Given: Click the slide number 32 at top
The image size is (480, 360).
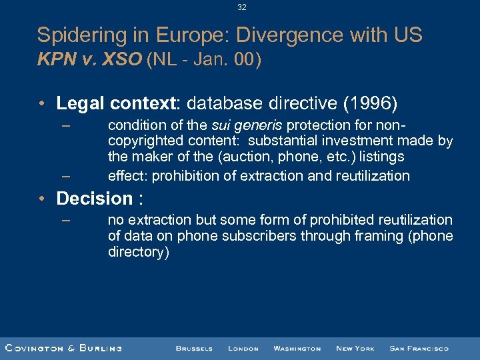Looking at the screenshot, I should click(241, 7).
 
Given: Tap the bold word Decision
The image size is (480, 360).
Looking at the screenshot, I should click(95, 199).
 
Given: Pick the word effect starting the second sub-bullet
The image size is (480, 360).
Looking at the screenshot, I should click(128, 176).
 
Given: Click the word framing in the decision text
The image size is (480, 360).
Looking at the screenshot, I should click(367, 236).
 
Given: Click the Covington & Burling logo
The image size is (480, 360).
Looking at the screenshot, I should click(63, 348).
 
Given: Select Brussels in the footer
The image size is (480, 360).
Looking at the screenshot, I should click(194, 348).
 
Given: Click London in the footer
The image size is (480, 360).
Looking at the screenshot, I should click(243, 348).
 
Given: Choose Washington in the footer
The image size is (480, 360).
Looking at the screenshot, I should click(297, 348).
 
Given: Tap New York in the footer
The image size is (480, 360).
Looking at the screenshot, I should click(355, 348).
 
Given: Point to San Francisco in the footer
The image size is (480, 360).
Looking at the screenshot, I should click(419, 348).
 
